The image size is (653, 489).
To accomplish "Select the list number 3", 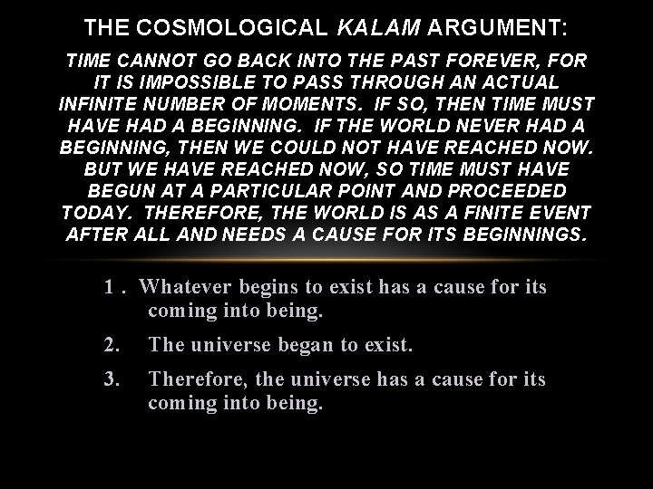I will tap(112, 379).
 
